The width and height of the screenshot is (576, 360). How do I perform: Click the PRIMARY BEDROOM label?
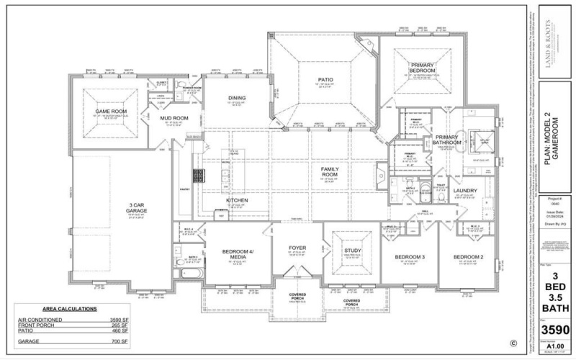(x=422, y=68)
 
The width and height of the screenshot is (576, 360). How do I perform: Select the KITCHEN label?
(x=238, y=199)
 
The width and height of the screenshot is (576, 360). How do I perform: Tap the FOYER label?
(x=297, y=248)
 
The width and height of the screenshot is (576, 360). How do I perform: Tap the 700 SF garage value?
(x=120, y=340)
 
